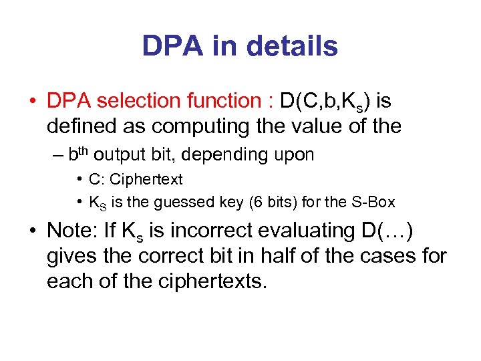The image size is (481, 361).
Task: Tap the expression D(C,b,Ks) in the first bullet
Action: pos(325,102)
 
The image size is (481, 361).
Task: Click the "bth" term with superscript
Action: pos(78,154)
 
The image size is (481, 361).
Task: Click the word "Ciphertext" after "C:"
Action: pos(146,179)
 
